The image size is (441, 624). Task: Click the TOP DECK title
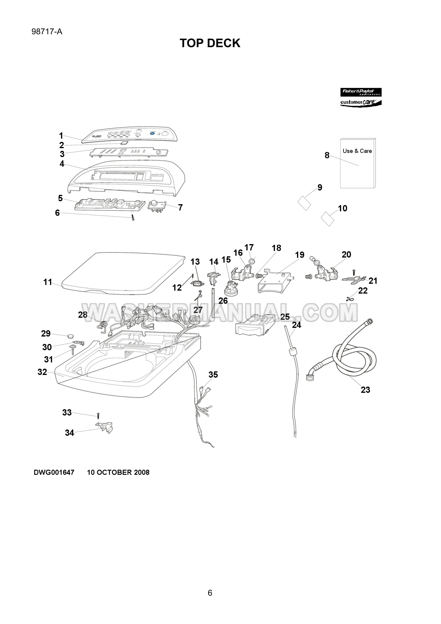[x=210, y=43]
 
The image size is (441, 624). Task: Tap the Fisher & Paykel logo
[x=361, y=92]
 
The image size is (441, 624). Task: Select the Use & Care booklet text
[x=357, y=151]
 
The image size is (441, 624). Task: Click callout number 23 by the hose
[x=365, y=390]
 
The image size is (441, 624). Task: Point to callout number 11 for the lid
[x=48, y=282]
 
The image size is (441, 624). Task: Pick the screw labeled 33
[x=98, y=415]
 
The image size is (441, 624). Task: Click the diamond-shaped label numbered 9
[x=304, y=203]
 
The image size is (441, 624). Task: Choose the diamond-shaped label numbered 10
[x=328, y=219]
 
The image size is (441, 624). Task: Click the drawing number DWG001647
[x=54, y=473]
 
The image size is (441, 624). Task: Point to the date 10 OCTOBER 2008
[x=118, y=473]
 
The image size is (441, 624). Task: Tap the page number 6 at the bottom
[x=210, y=593]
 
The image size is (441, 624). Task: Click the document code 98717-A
[x=47, y=32]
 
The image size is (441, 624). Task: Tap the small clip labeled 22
[x=349, y=299]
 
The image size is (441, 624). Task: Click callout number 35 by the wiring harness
[x=213, y=375]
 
